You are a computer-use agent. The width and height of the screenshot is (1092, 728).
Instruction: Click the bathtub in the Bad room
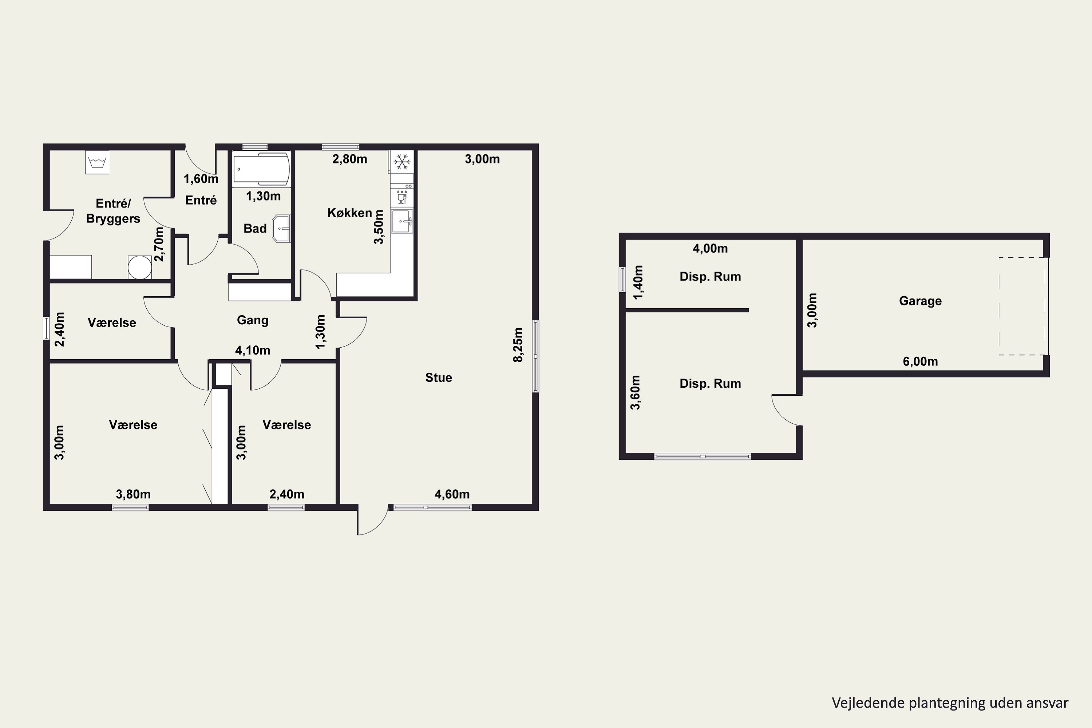(261, 169)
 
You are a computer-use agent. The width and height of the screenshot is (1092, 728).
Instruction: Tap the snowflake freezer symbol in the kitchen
(401, 162)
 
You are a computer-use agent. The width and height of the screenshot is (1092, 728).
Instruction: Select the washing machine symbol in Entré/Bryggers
(97, 162)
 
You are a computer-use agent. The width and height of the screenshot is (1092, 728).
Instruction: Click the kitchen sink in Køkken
(401, 221)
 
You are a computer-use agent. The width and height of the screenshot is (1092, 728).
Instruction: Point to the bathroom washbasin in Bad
(281, 229)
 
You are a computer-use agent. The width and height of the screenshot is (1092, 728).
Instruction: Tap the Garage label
(920, 301)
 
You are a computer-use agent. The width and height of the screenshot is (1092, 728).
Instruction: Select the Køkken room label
(349, 213)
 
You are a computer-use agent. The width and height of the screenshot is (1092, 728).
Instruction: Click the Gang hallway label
(253, 320)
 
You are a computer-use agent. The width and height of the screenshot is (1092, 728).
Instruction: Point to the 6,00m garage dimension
(920, 361)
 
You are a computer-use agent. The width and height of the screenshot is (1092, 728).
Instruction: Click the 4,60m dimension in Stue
(452, 494)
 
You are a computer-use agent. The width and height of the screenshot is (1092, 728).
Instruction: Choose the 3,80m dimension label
(133, 494)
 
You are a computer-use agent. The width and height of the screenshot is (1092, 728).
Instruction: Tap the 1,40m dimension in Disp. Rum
(638, 282)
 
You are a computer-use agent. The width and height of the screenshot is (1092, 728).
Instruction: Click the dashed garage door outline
(1023, 306)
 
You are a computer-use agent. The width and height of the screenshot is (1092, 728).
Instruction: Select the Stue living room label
(439, 377)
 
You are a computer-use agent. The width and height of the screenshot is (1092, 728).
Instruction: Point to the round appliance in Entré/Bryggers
(140, 268)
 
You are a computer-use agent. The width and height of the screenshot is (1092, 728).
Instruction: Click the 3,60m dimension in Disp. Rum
(635, 392)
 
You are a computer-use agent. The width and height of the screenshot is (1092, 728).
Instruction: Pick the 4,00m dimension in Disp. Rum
(711, 248)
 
